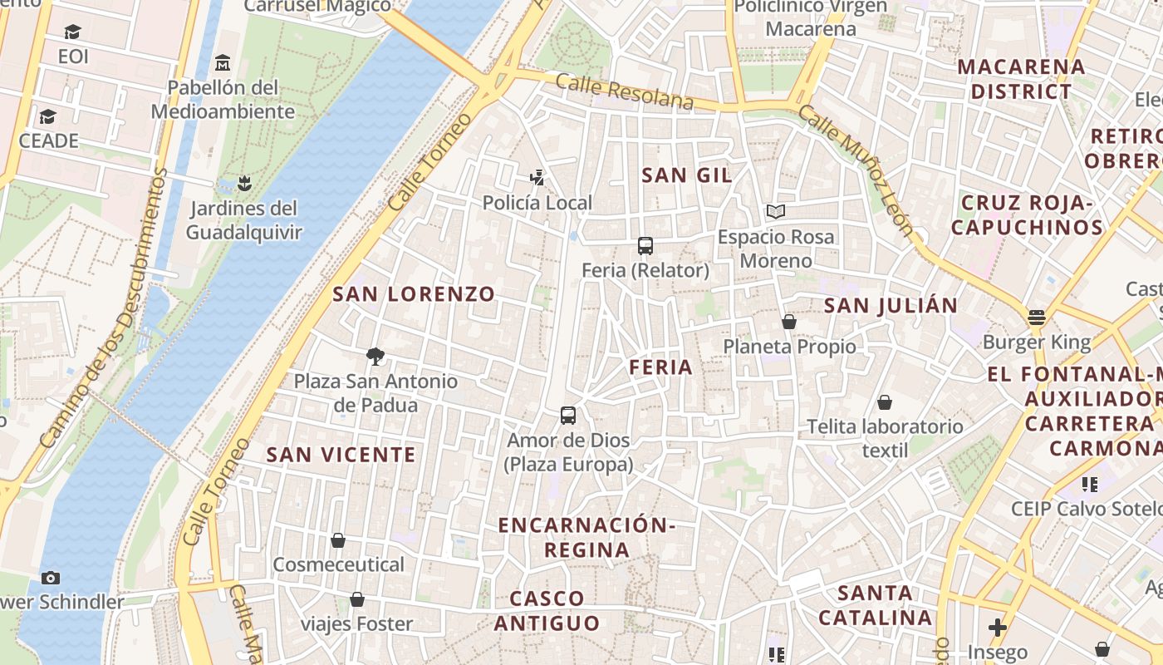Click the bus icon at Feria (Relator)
645,245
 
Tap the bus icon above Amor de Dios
568,416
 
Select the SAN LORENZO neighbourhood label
414,293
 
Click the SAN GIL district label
687,175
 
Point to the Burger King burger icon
1036,317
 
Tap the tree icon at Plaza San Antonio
375,357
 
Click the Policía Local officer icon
537,177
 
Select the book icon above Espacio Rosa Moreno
775,212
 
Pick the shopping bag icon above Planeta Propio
789,322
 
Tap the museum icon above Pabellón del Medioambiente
222,62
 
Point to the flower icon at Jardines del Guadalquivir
243,182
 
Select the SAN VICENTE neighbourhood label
341,455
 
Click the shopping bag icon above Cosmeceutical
338,540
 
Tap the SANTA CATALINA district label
875,605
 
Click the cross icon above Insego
998,628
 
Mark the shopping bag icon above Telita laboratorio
885,402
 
